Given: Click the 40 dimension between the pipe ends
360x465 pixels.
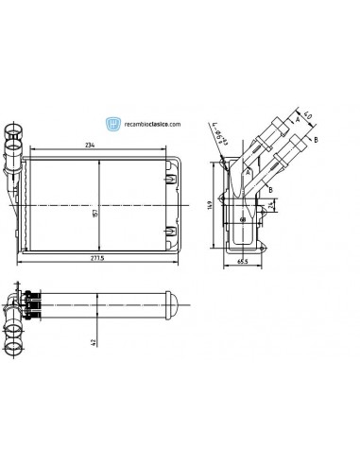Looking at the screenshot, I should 307,121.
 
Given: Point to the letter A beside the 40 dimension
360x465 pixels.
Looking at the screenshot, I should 295,119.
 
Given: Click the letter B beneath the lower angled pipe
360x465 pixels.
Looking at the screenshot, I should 271,190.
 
